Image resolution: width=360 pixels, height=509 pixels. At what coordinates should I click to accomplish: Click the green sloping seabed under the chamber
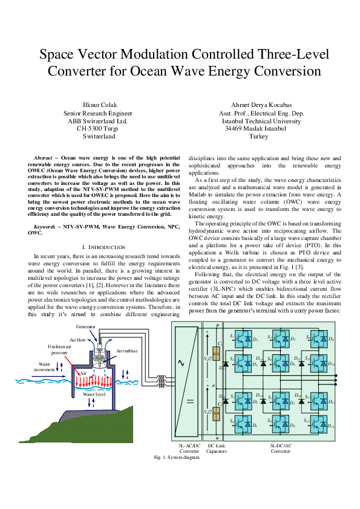[x=91, y=430]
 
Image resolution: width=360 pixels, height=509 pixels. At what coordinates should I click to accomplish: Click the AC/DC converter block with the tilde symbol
[x=186, y=381]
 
